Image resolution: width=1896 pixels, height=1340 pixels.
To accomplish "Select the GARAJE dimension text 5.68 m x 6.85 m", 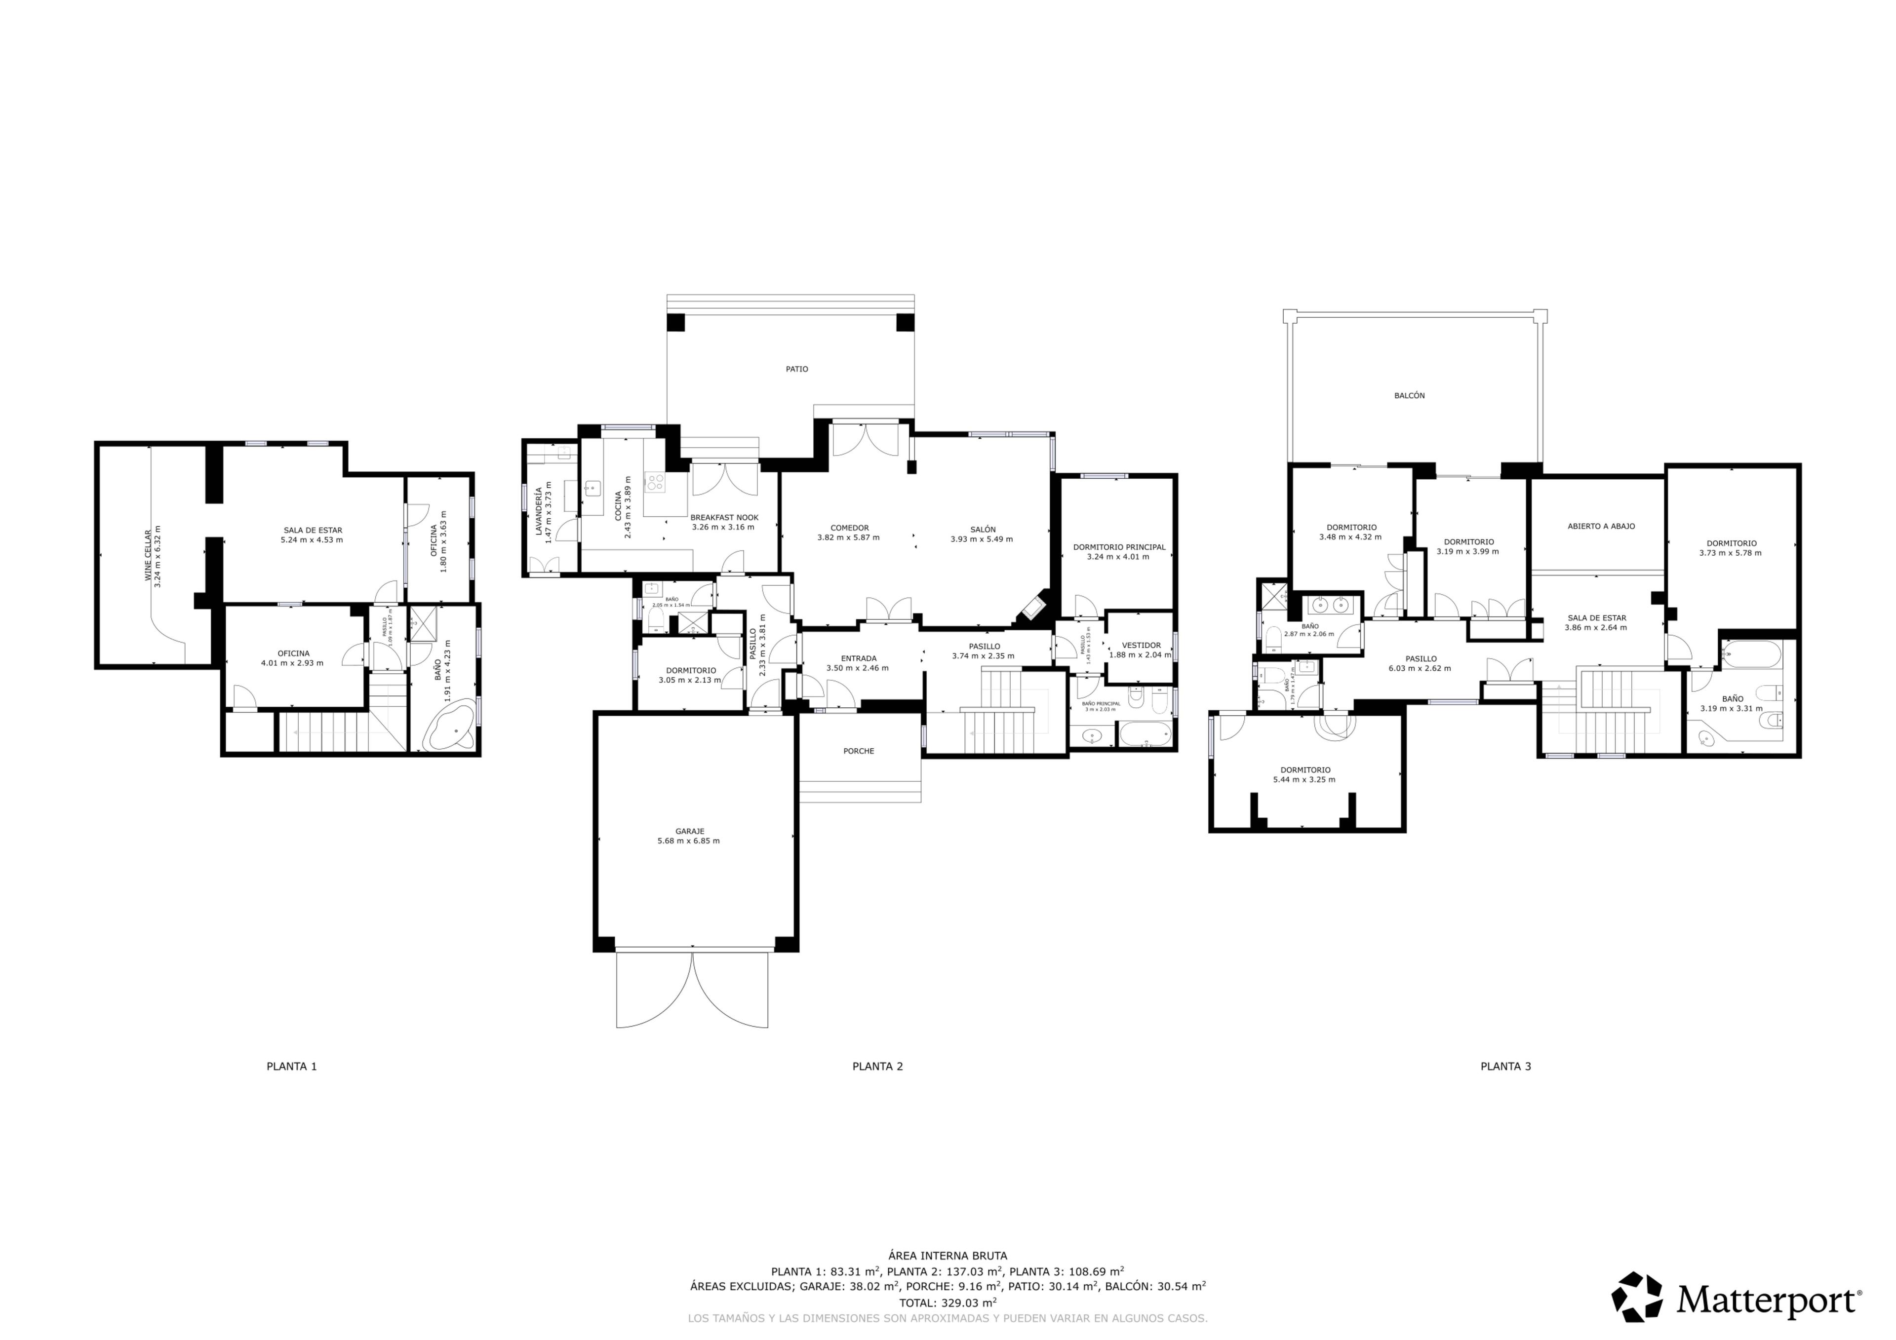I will (x=688, y=842).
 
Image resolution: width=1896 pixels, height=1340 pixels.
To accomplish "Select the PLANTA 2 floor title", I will (x=877, y=1066).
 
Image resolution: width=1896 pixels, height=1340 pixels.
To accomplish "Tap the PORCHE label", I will (x=858, y=751).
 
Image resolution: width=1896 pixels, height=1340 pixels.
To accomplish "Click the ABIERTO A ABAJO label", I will (x=1600, y=526).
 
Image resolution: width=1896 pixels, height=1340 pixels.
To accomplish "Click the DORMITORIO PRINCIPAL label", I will (x=1118, y=546).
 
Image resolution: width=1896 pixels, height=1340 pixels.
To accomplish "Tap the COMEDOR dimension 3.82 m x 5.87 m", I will (x=848, y=537).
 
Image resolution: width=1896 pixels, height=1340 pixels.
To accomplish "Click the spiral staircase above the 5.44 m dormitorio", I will (x=1335, y=723).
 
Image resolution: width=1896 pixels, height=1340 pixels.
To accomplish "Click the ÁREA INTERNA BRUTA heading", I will (x=947, y=1256).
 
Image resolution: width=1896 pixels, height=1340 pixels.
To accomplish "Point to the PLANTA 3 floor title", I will (x=1504, y=1066).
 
